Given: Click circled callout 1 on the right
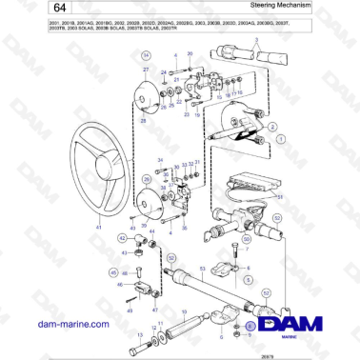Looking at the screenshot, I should pyautogui.click(x=282, y=139).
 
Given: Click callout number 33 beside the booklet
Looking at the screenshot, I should pyautogui.click(x=279, y=197).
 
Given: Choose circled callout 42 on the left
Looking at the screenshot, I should pyautogui.click(x=122, y=238).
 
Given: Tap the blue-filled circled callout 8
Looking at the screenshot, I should pyautogui.click(x=250, y=325).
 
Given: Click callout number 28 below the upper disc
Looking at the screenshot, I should pyautogui.click(x=144, y=120).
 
